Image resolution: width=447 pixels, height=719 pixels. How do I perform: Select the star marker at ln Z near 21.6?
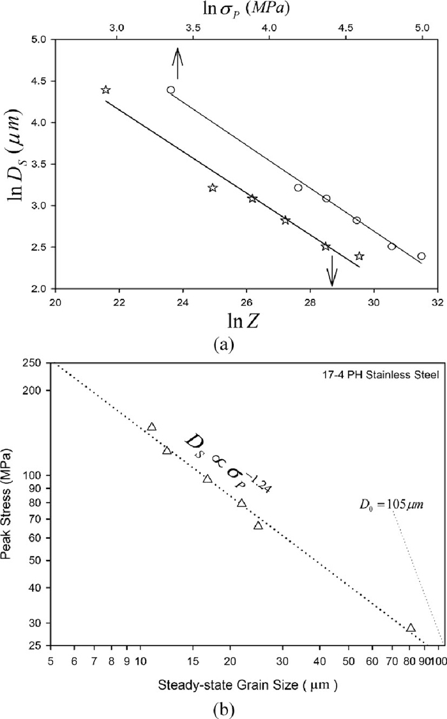[x=106, y=90]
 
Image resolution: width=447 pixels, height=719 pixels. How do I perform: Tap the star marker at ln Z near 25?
[x=213, y=188]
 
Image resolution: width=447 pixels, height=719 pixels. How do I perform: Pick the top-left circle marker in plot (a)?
[x=170, y=90]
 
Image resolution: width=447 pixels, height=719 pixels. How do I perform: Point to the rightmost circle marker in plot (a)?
[x=421, y=256]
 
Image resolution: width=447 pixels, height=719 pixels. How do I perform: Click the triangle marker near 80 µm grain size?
[x=411, y=628]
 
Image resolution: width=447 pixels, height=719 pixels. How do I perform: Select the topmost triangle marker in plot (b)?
[x=152, y=427]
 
